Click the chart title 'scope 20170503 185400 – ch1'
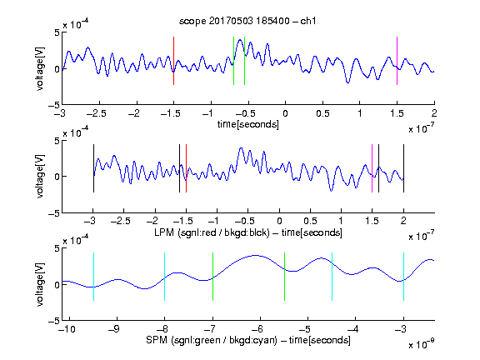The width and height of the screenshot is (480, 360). click(x=247, y=21)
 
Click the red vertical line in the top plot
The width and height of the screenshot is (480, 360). click(x=173, y=61)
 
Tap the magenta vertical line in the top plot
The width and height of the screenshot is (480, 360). click(x=397, y=61)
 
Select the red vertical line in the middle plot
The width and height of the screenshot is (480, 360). click(x=186, y=168)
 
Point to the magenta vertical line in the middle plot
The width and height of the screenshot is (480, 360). click(x=372, y=168)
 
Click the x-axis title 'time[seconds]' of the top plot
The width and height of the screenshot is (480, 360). click(x=248, y=124)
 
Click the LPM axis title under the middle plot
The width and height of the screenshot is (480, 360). click(x=248, y=232)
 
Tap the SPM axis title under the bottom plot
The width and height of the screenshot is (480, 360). click(x=248, y=340)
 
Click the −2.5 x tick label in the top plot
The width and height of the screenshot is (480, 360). click(x=96, y=113)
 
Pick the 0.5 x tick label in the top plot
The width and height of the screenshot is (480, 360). click(x=322, y=113)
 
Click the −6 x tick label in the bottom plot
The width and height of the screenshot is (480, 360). click(x=257, y=329)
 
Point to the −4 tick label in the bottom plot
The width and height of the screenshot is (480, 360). click(x=352, y=329)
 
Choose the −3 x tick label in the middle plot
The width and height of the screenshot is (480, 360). click(x=91, y=221)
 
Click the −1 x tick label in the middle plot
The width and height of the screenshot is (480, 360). click(x=215, y=221)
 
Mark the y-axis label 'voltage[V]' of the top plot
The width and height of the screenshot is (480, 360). click(x=40, y=68)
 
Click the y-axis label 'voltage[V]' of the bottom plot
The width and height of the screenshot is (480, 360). click(x=40, y=284)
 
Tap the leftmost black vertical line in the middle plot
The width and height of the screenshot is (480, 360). click(x=93, y=168)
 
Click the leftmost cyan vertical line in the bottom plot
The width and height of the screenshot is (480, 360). click(x=93, y=277)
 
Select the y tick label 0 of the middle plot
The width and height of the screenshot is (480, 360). click(x=57, y=177)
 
